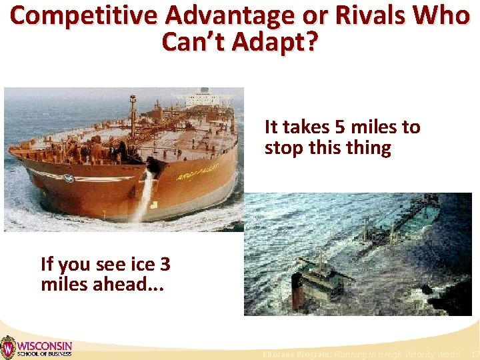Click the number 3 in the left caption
click(x=165, y=264)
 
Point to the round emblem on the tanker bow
click(x=68, y=178)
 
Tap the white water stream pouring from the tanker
click(x=143, y=197)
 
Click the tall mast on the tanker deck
click(x=133, y=113)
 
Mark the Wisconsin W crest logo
click(x=7, y=347)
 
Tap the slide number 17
click(x=475, y=354)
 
